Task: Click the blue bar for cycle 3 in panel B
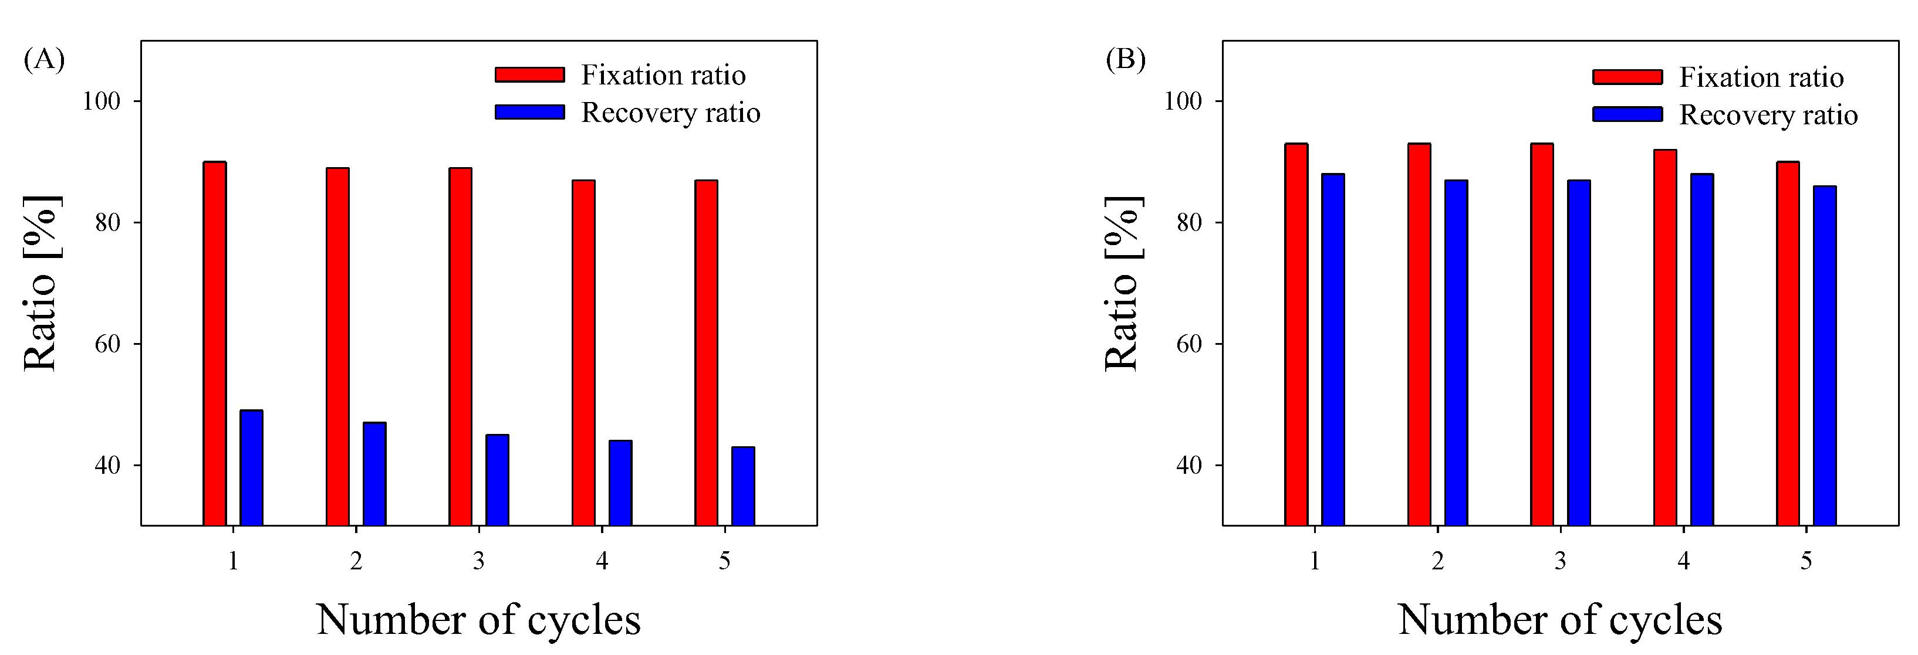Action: pos(1579,353)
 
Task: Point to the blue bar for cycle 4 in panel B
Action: pos(1702,350)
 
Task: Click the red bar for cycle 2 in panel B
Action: pos(1419,335)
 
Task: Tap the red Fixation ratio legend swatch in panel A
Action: pos(529,74)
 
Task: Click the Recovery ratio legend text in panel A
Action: pos(670,113)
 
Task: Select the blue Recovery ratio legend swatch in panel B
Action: pos(1627,114)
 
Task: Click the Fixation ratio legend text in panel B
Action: pos(1761,77)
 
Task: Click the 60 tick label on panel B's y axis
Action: pos(1189,344)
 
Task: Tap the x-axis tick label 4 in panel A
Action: pos(602,561)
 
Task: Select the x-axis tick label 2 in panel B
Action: pos(1438,561)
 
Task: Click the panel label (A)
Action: pos(44,59)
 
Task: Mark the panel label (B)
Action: pos(1125,59)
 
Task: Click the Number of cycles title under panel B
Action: pos(1560,619)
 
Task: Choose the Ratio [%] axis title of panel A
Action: pos(41,283)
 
